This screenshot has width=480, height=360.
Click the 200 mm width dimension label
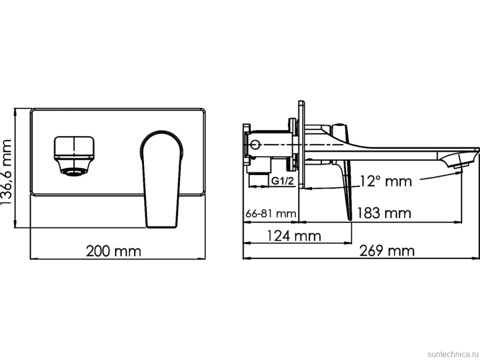pos(113,251)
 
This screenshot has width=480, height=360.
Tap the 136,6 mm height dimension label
pos(6,172)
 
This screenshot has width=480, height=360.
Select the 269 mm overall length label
pos(387,251)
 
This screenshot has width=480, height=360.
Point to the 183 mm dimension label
pos(384,213)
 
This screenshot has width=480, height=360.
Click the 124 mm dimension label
pos(294,236)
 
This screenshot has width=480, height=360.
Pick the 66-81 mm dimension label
pos(271,213)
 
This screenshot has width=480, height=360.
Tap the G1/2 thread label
pos(283,181)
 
